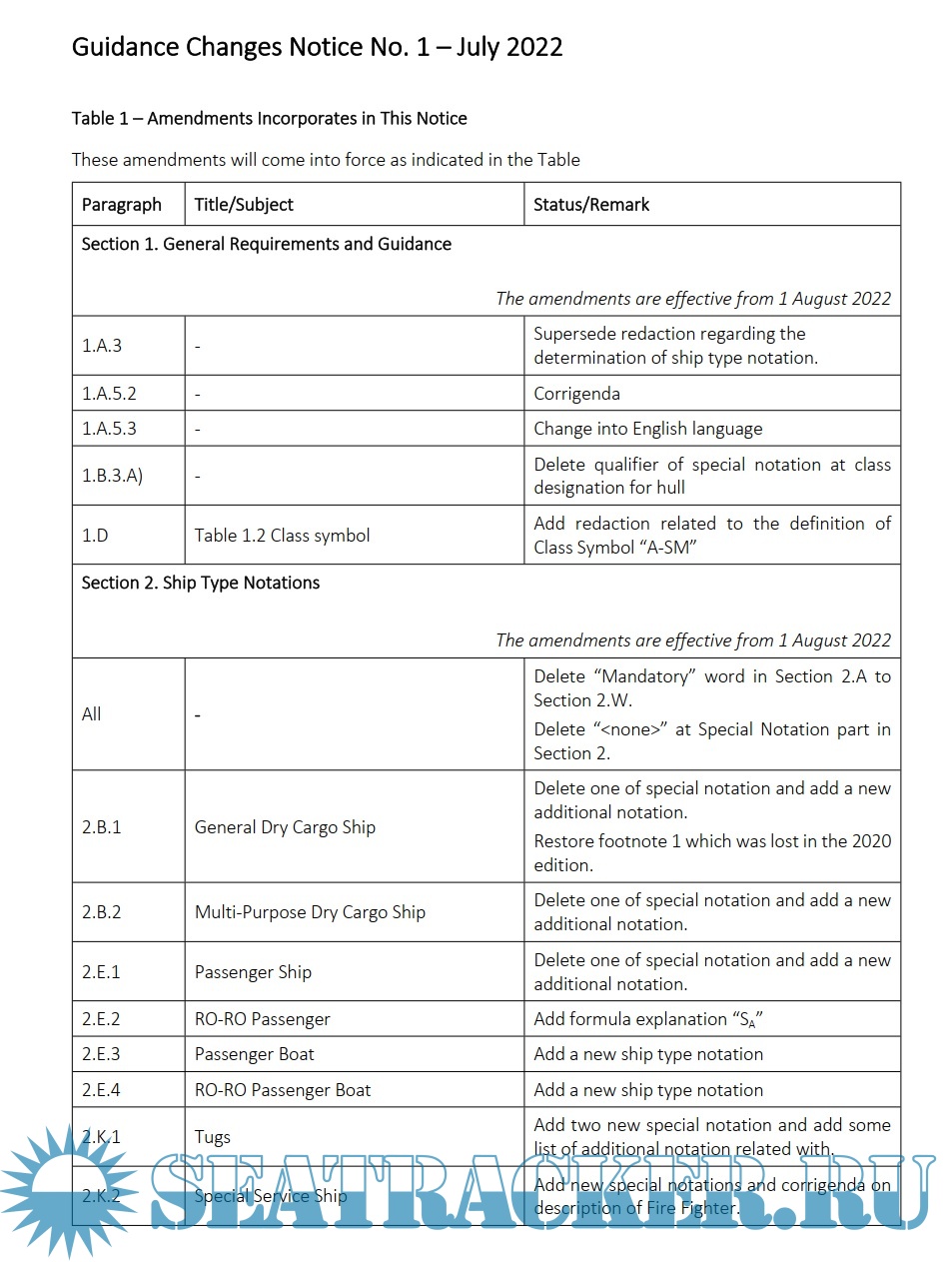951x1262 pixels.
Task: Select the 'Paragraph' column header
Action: pyautogui.click(x=121, y=204)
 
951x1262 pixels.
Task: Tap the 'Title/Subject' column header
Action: pyautogui.click(x=244, y=204)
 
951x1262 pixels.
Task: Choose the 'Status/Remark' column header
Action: pyautogui.click(x=591, y=204)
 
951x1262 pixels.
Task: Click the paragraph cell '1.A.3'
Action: pyautogui.click(x=102, y=346)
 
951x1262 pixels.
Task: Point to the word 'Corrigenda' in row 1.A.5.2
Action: pyautogui.click(x=577, y=394)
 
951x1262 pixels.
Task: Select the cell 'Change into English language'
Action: pyautogui.click(x=647, y=429)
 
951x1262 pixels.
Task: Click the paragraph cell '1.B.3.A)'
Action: pyautogui.click(x=112, y=476)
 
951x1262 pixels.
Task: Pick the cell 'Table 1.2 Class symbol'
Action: pyautogui.click(x=282, y=535)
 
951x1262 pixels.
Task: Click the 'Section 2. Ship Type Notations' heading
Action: pyautogui.click(x=201, y=583)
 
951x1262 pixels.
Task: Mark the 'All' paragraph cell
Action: pyautogui.click(x=92, y=714)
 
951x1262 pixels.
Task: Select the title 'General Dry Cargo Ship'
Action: pyautogui.click(x=285, y=827)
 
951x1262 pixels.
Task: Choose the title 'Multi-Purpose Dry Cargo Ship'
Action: pyautogui.click(x=310, y=912)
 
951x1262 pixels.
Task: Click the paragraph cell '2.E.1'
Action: pyautogui.click(x=101, y=972)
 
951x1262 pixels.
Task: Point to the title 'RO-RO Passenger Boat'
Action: pyautogui.click(x=283, y=1090)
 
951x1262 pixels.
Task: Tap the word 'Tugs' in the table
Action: pyautogui.click(x=213, y=1137)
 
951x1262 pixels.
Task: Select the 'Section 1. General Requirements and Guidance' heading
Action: pyautogui.click(x=267, y=244)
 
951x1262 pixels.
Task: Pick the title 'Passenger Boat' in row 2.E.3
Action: pyautogui.click(x=255, y=1054)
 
